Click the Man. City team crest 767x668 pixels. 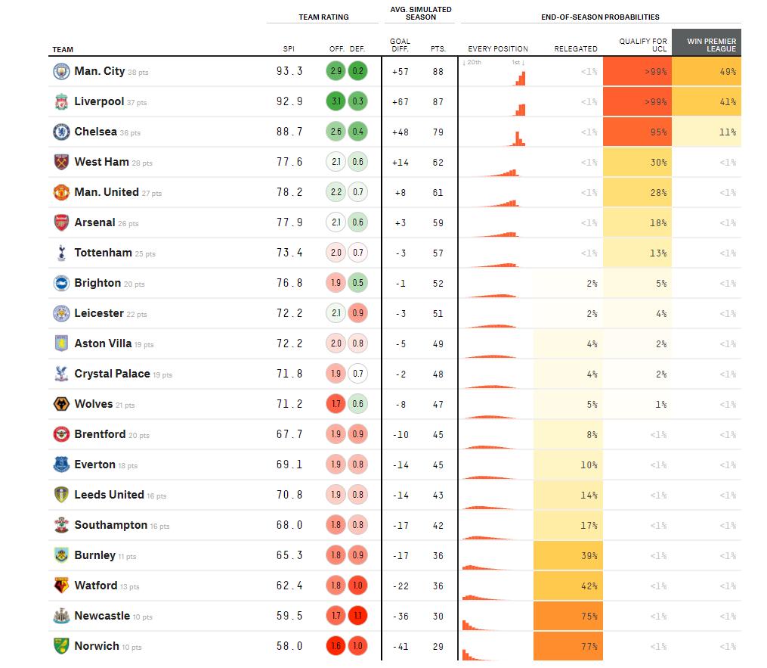[61, 71]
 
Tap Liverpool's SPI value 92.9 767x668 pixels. [289, 101]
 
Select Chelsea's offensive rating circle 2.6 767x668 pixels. [336, 132]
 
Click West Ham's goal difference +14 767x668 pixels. [400, 162]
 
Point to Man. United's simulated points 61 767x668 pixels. [438, 192]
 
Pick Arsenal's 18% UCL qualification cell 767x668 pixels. [637, 222]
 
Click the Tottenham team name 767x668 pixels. [103, 253]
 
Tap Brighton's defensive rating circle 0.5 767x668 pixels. [358, 283]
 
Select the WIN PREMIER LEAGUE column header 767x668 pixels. [707, 43]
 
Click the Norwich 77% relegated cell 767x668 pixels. [568, 646]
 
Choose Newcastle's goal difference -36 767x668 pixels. [400, 616]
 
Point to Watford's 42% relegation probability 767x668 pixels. [568, 586]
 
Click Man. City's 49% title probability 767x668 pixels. [707, 71]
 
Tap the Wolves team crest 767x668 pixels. [61, 404]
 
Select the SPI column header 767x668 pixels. [289, 49]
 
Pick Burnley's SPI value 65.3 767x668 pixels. [289, 555]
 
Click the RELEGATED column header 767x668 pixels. [576, 49]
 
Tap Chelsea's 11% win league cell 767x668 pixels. [707, 132]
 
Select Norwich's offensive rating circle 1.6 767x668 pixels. [336, 646]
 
